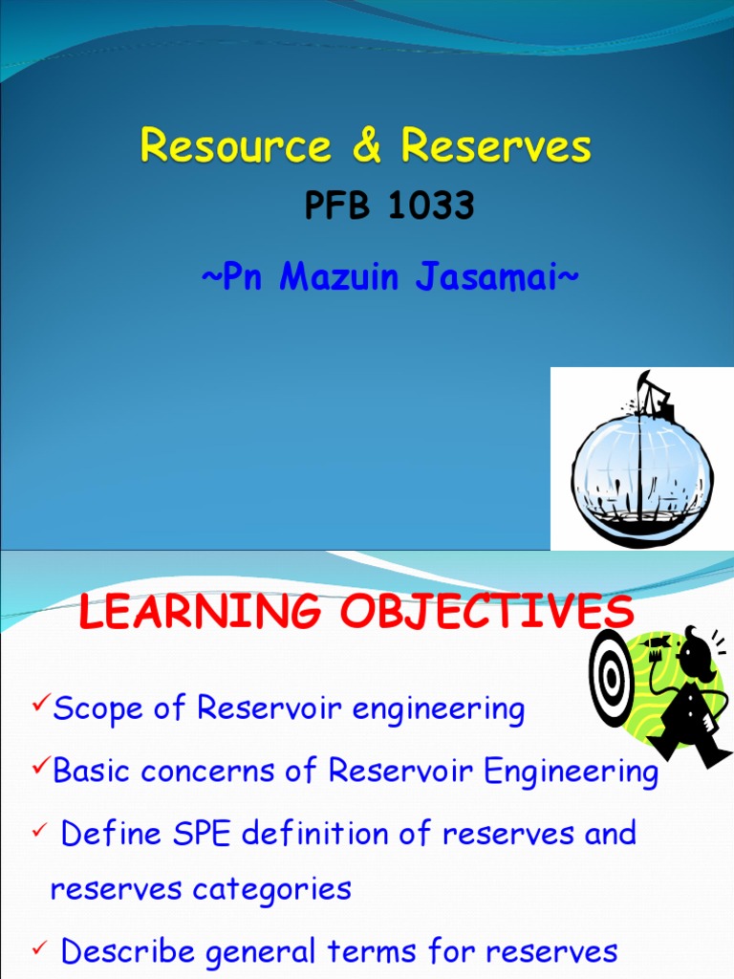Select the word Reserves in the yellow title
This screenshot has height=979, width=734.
496,146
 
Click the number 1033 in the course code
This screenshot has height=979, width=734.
430,207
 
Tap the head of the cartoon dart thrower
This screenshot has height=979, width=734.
695,656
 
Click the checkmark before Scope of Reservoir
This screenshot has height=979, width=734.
41,706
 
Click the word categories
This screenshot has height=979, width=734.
271,889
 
